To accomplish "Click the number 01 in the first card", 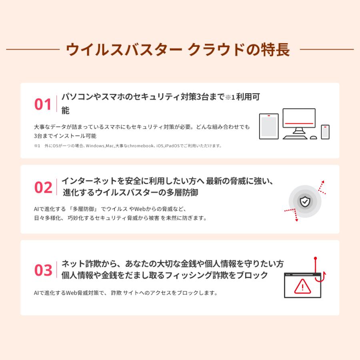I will point(43,104).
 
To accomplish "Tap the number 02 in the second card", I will point(43,187).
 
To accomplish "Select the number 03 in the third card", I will point(43,270).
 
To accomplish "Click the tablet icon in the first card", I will point(269,126).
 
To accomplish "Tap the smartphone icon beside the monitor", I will point(325,132).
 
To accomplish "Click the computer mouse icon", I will point(314,137).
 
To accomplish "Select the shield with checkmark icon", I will point(305,202).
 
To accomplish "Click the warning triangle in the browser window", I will point(302,286).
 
